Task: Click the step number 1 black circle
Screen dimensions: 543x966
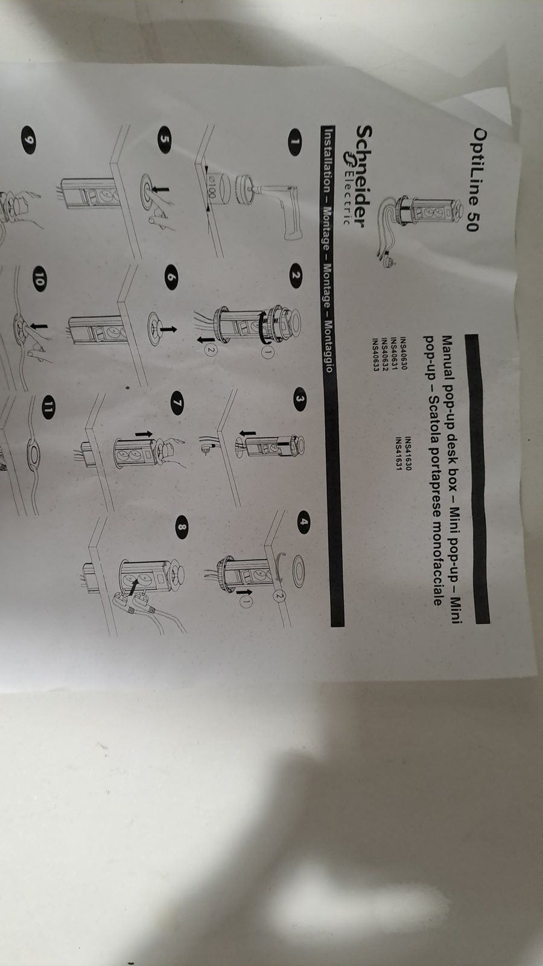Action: (295, 141)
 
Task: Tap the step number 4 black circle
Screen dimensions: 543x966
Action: (305, 521)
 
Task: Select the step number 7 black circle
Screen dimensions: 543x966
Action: (177, 403)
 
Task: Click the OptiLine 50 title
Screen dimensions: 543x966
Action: (476, 180)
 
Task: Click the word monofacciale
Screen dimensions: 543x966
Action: (434, 559)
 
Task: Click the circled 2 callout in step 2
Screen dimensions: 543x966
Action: (211, 350)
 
